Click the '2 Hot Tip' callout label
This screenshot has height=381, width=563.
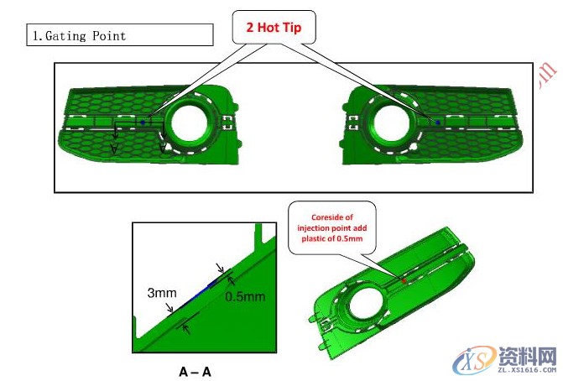pos(274,28)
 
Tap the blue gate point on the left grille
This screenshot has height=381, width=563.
pos(143,123)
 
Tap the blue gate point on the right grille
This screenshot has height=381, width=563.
pos(438,123)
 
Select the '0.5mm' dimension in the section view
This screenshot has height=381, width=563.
pos(245,296)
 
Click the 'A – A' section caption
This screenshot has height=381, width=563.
pos(195,369)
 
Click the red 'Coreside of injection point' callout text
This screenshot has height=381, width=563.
pos(332,226)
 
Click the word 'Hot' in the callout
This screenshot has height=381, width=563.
pos(270,28)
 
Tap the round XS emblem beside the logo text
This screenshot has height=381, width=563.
pos(472,360)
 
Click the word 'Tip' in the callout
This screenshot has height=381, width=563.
pos(293,28)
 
